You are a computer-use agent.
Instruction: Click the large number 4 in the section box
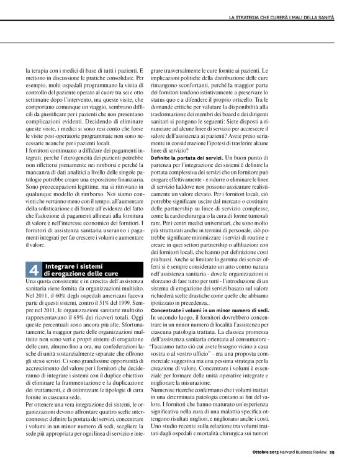click(x=34, y=269)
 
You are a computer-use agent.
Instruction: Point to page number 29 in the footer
click(x=332, y=451)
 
